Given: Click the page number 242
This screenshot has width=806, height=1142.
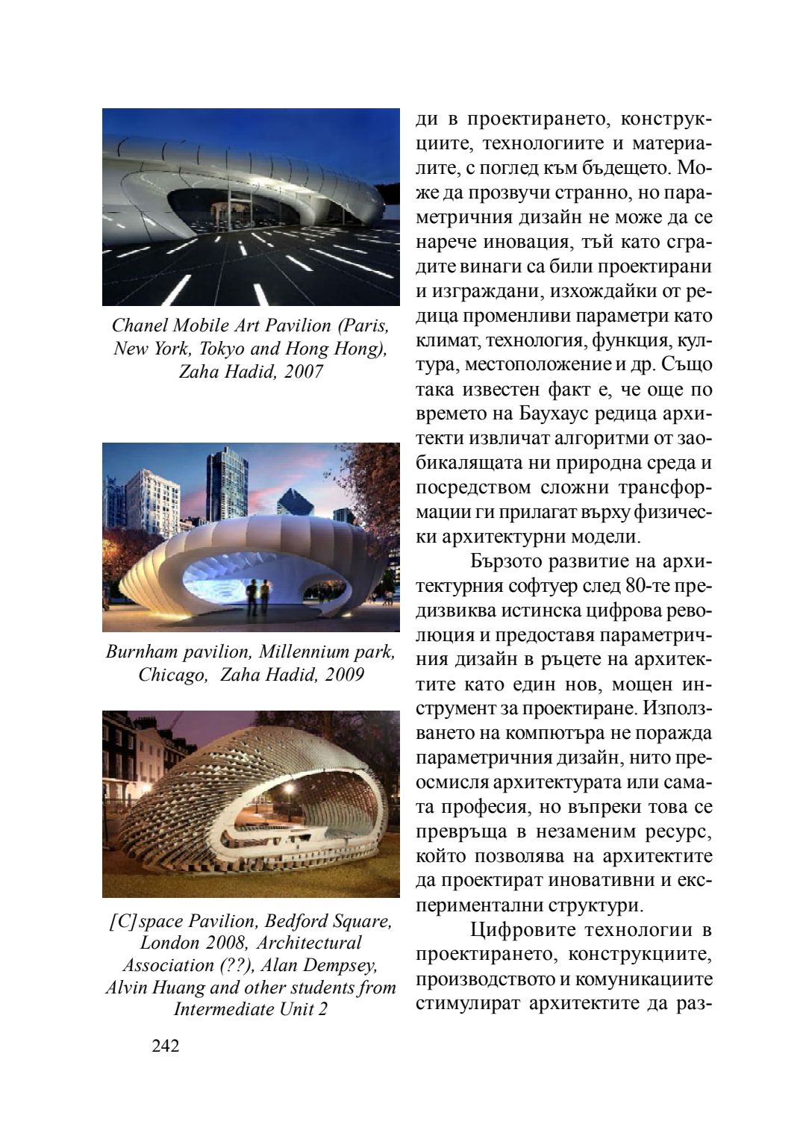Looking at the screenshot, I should pyautogui.click(x=166, y=1046).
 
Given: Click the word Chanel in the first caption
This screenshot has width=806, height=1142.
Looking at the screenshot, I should pyautogui.click(x=137, y=325).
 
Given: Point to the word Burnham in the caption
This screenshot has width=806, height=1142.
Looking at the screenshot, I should pyautogui.click(x=140, y=652).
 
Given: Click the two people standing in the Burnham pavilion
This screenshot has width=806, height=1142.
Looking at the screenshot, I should pyautogui.click(x=257, y=592).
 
